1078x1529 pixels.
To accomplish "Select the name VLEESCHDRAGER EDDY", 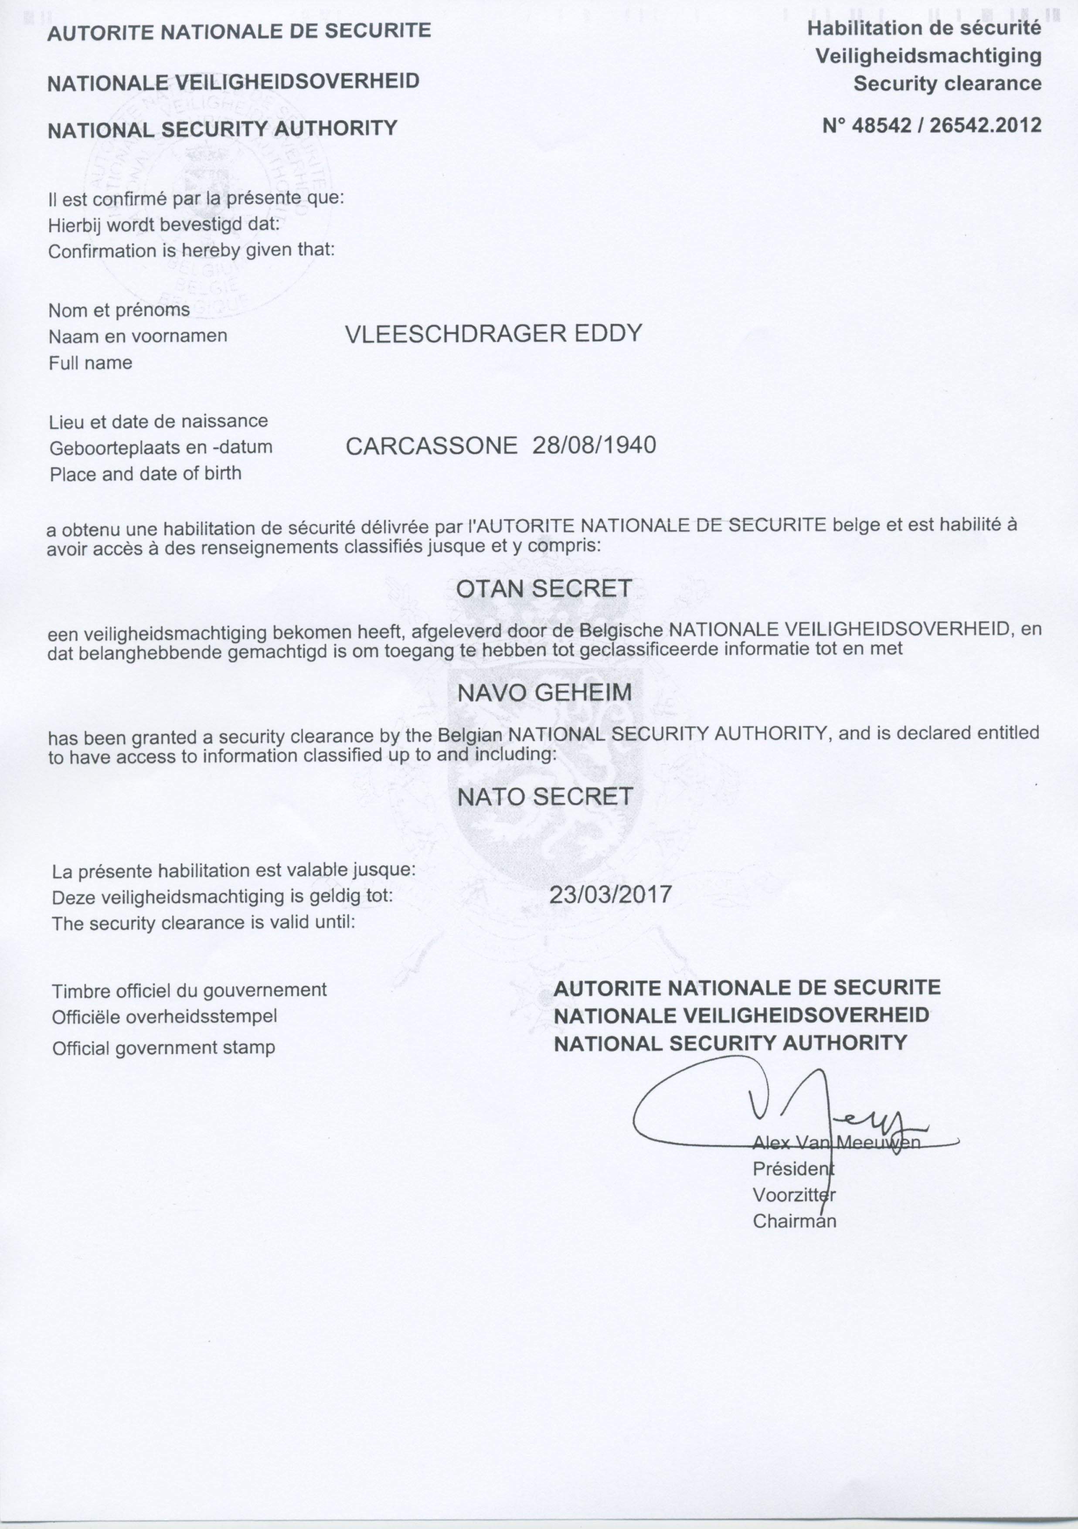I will pyautogui.click(x=493, y=333).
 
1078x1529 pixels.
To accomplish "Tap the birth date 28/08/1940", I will pyautogui.click(x=594, y=445).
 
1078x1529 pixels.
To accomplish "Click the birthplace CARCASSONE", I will pyautogui.click(x=432, y=445).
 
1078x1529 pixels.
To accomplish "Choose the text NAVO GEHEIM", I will pyautogui.click(x=544, y=693).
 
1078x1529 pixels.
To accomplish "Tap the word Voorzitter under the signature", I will pyautogui.click(x=794, y=1195).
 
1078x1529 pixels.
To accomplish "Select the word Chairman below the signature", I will pyautogui.click(x=794, y=1221).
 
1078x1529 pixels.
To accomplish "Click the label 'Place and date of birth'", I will pyautogui.click(x=145, y=474).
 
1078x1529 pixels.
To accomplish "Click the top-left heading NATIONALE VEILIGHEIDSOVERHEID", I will pyautogui.click(x=233, y=81).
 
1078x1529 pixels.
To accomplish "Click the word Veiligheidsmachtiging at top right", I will pyautogui.click(x=928, y=56).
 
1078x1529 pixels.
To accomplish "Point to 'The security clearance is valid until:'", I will pyautogui.click(x=203, y=923).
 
